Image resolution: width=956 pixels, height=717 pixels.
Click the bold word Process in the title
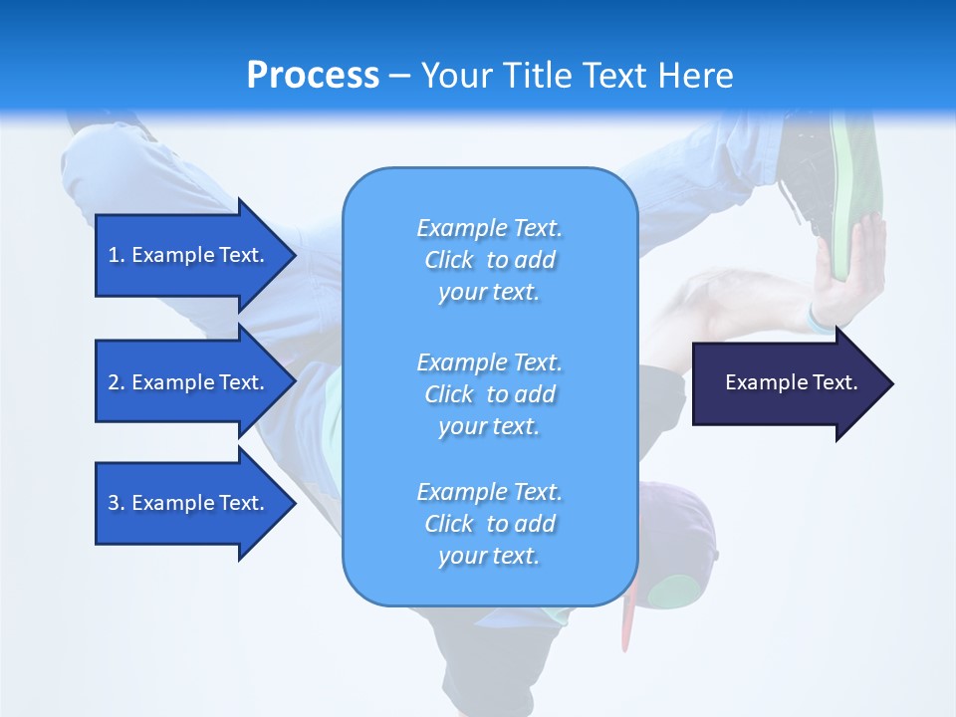[x=313, y=75]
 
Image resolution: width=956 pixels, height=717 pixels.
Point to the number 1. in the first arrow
[x=117, y=255]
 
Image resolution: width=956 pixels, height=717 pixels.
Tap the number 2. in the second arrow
[x=117, y=382]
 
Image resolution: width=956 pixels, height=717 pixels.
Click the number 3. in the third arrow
[x=117, y=503]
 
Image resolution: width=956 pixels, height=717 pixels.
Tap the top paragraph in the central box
[x=489, y=260]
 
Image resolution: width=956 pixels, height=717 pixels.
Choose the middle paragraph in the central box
[x=489, y=394]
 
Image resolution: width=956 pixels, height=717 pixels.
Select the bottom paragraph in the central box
[x=489, y=524]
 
